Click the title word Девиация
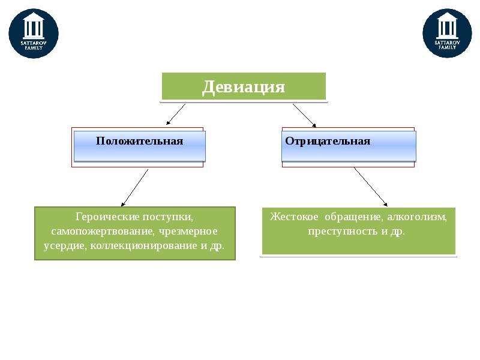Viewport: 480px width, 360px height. point(244,86)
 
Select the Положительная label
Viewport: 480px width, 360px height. point(140,141)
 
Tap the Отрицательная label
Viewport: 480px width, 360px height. point(328,141)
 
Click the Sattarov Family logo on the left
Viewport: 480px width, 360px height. point(34,34)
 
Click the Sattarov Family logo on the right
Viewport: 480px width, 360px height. point(447,33)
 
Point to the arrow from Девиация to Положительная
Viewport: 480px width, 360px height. point(176,114)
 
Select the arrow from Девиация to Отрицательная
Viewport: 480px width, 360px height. point(304,115)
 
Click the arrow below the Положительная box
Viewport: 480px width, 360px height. point(134,188)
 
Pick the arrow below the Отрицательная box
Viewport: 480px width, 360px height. point(371,187)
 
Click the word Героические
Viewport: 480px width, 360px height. point(107,217)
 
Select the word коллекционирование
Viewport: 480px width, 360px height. point(144,245)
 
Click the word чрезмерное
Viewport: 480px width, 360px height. point(188,231)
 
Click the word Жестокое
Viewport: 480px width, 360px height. point(294,217)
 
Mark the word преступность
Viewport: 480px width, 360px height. point(343,231)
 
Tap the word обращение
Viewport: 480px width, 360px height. point(353,217)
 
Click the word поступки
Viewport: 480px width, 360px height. point(168,217)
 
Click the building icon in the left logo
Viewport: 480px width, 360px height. point(34,26)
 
